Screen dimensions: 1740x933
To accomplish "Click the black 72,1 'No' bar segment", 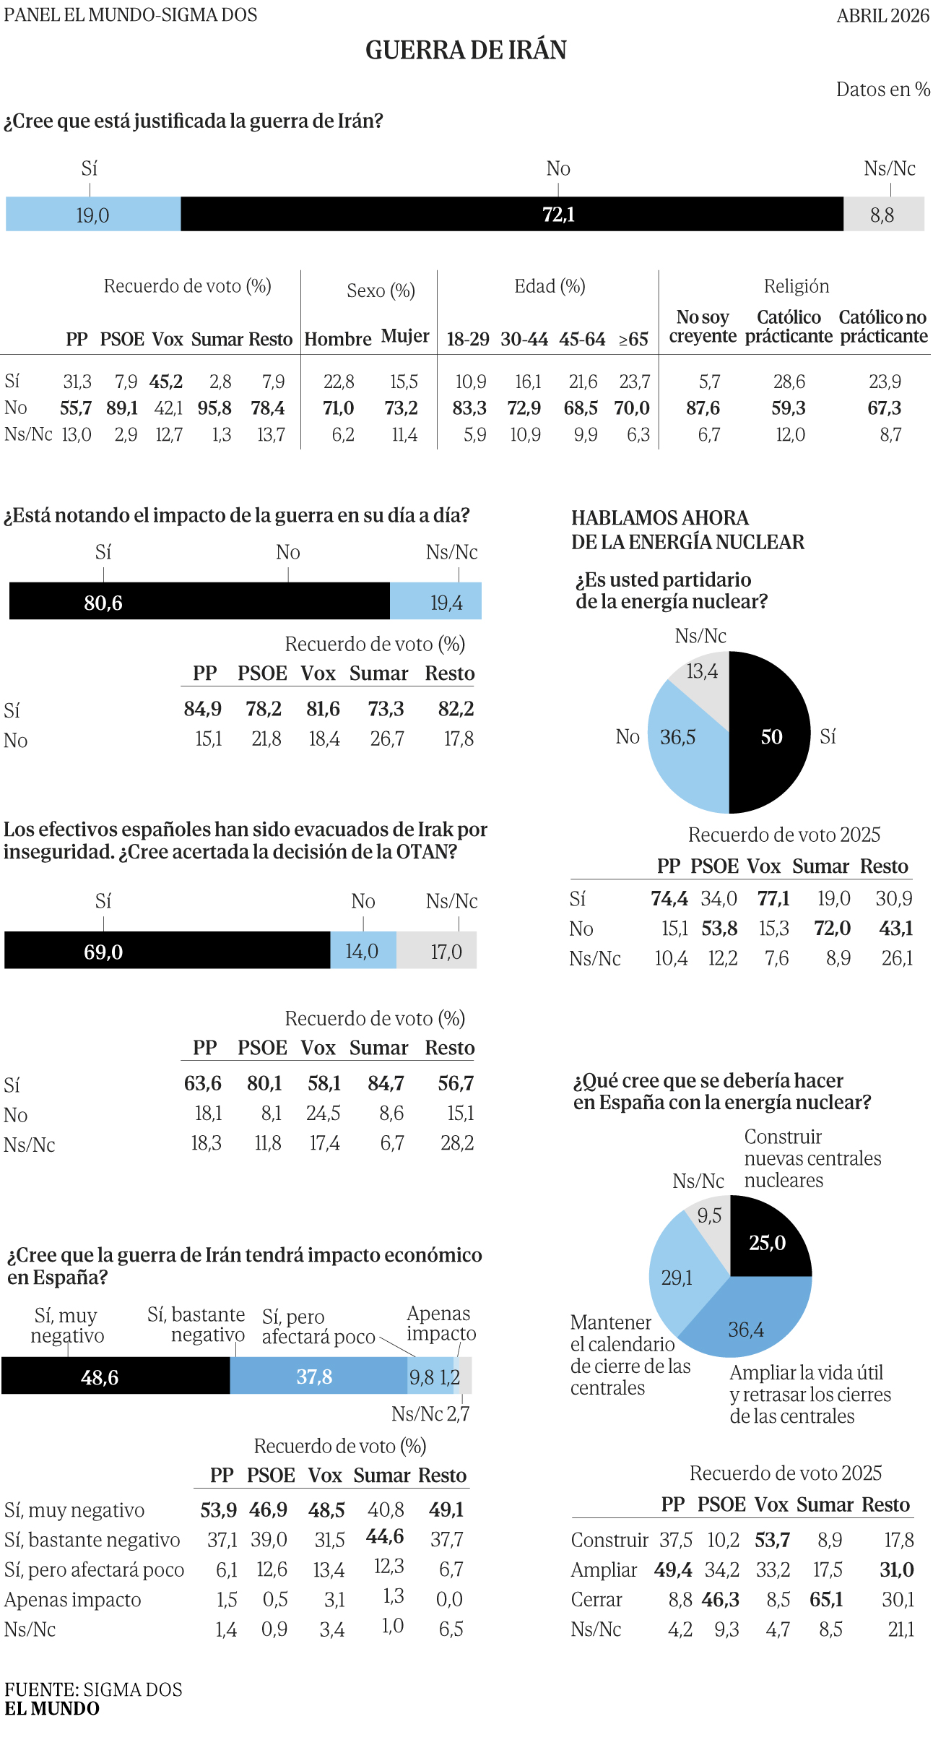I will pos(511,214).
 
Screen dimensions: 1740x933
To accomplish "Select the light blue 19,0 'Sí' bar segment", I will pos(93,215).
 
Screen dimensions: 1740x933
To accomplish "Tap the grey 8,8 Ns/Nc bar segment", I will pos(882,215).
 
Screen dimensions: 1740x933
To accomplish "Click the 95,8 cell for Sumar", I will pos(214,408).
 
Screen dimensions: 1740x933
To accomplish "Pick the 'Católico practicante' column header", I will pos(789,327).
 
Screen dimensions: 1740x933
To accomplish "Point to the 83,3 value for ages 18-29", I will pos(469,408).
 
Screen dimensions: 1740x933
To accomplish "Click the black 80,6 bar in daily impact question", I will pos(199,601).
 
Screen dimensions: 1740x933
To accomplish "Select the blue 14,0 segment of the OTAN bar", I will pos(363,950).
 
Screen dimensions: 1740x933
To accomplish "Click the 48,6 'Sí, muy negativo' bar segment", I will pos(116,1376).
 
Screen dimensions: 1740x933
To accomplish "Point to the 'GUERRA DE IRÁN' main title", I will pos(466,50).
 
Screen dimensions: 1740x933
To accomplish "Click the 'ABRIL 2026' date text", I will pos(882,15).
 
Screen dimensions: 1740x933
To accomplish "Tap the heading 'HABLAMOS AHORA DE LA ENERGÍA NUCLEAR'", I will pos(687,530).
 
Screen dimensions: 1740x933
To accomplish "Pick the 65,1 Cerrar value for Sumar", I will pos(826,1599).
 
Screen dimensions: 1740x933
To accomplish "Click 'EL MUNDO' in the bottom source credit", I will pos(52,1708).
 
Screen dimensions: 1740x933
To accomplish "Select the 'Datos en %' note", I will pos(882,90).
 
